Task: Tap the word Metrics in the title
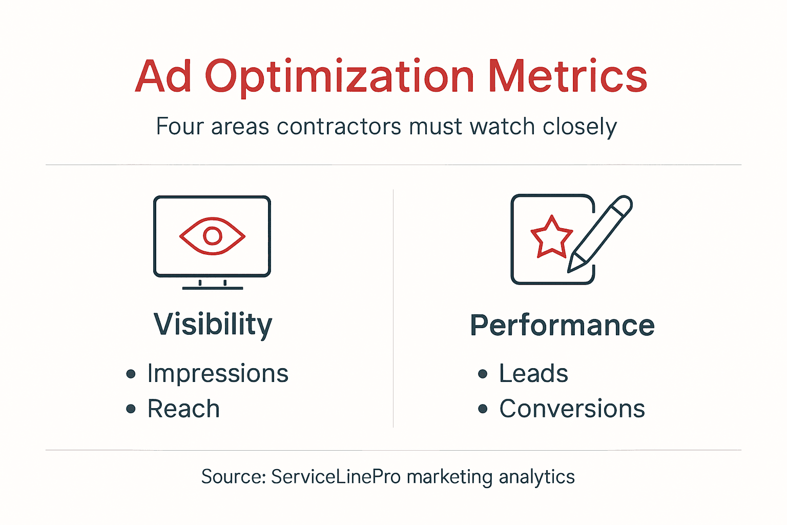click(568, 77)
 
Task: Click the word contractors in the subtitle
click(339, 127)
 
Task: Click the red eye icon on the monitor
click(212, 236)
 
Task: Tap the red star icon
click(551, 238)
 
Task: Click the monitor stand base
click(213, 288)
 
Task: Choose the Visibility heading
click(213, 325)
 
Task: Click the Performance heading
click(562, 326)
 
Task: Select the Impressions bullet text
click(218, 373)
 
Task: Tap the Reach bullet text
click(183, 409)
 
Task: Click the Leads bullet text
click(533, 373)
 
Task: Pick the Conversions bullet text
click(572, 409)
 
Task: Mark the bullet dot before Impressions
click(131, 374)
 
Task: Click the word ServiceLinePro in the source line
click(336, 477)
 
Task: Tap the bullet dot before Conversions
click(483, 409)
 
